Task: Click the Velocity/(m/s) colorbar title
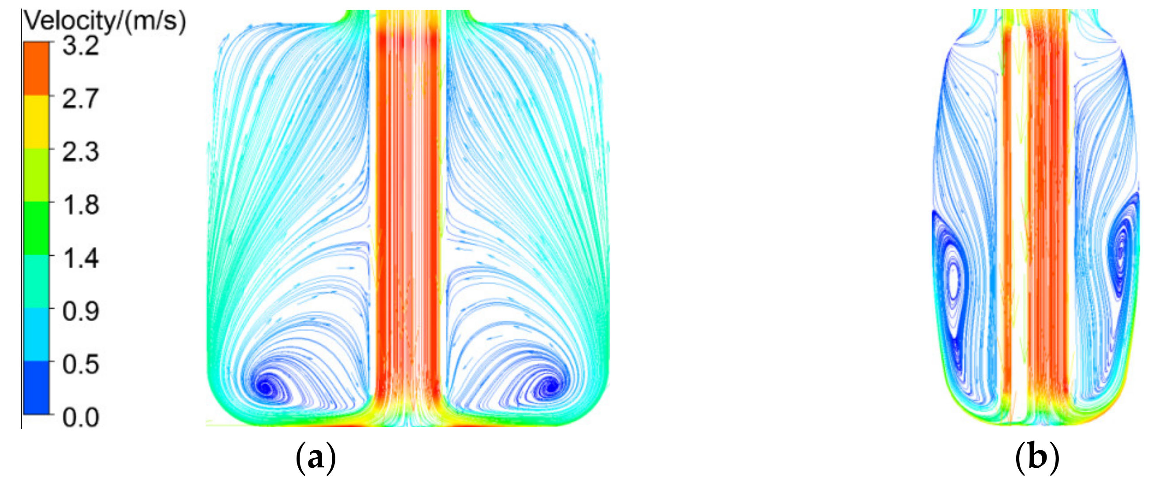pyautogui.click(x=104, y=21)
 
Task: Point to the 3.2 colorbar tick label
pyautogui.click(x=80, y=45)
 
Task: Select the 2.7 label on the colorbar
pyautogui.click(x=80, y=98)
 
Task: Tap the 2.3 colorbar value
pyautogui.click(x=80, y=152)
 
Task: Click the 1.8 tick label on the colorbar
pyautogui.click(x=80, y=205)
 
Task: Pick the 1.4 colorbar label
pyautogui.click(x=80, y=258)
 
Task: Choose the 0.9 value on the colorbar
pyautogui.click(x=80, y=311)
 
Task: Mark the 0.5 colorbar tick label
pyautogui.click(x=80, y=364)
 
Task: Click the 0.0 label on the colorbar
pyautogui.click(x=80, y=417)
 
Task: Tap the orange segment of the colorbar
pyautogui.click(x=36, y=68)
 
